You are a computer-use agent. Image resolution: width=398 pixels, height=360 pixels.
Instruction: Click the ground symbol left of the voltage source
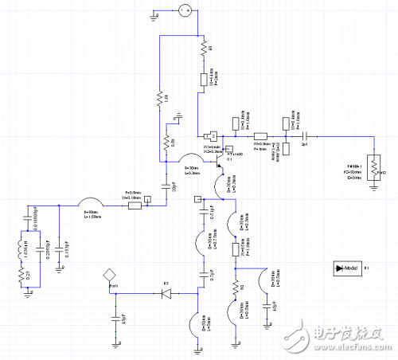[x=156, y=14]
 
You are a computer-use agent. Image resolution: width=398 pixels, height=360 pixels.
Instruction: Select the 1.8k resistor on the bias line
[x=159, y=99]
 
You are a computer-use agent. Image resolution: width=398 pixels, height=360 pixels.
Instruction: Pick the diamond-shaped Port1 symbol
[x=110, y=275]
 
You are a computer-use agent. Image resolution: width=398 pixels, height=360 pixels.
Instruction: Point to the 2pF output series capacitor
[x=304, y=135]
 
